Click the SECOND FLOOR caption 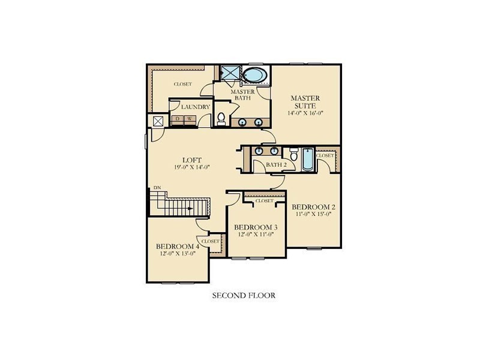point(244,295)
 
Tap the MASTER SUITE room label point(305,102)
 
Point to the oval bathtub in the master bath point(255,75)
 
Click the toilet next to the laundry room point(221,119)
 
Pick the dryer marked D point(177,119)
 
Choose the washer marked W point(190,119)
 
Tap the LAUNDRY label point(196,107)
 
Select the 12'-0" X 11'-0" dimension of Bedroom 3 point(256,234)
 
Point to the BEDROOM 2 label point(311,207)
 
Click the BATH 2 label point(276,164)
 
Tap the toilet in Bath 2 point(294,154)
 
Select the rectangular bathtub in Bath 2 point(308,160)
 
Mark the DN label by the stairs point(157,187)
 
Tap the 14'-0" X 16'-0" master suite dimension point(305,113)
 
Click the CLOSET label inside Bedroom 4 point(211,241)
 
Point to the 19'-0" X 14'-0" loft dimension point(192,167)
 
